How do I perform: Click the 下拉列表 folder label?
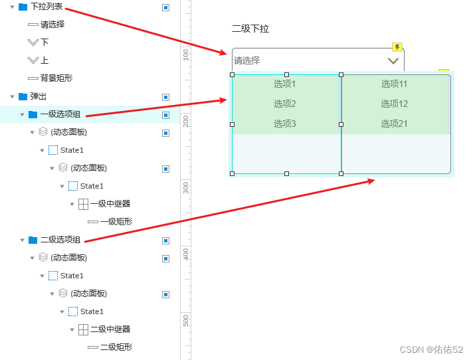tap(47, 7)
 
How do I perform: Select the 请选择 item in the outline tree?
tap(52, 25)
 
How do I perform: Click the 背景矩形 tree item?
tap(56, 78)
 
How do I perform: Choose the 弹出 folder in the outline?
tap(39, 96)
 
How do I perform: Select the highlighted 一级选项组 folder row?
tap(60, 114)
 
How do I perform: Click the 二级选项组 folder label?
tap(60, 240)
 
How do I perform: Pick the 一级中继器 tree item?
tap(110, 204)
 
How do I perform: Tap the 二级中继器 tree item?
tap(110, 329)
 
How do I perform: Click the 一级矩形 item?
tap(116, 222)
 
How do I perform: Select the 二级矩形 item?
tap(116, 347)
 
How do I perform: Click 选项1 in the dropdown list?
tap(284, 84)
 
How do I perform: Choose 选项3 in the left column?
tap(284, 124)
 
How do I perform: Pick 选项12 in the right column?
tap(394, 104)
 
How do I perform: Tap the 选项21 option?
tap(394, 124)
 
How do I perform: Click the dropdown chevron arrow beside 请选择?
tap(393, 61)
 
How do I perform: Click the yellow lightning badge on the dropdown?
tap(397, 47)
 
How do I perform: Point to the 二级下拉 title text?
tap(250, 29)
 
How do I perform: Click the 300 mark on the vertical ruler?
tap(186, 187)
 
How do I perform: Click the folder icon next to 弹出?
tap(23, 96)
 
